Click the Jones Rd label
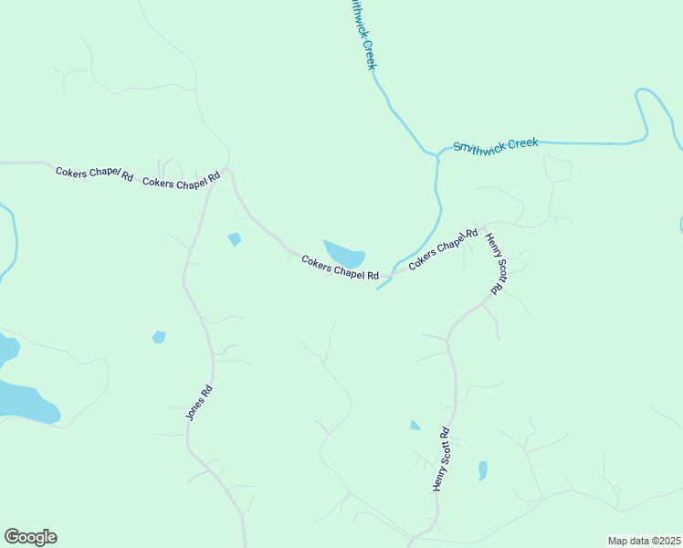(x=199, y=401)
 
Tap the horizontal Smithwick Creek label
(x=496, y=144)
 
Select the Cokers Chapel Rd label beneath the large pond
(x=340, y=269)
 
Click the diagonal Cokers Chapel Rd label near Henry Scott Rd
(x=443, y=248)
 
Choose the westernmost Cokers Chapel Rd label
(x=94, y=172)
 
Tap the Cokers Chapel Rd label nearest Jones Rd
(x=182, y=181)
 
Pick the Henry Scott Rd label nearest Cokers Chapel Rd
(x=495, y=263)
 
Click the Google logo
(x=30, y=537)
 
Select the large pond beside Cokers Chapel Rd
(x=345, y=254)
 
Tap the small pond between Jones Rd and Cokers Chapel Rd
(x=235, y=239)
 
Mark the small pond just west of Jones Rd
(x=159, y=337)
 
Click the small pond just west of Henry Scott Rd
(x=415, y=425)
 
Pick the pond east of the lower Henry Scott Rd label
(x=482, y=470)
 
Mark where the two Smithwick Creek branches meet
(x=437, y=157)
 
